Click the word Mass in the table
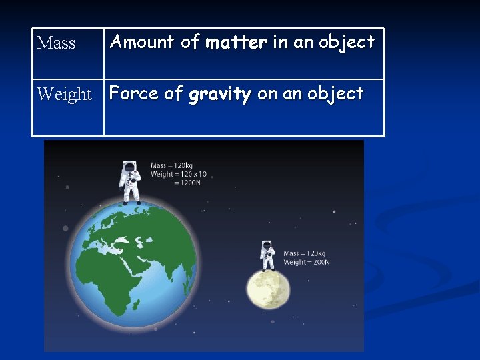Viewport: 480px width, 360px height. tap(56, 43)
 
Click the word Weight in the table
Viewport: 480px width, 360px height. tap(64, 94)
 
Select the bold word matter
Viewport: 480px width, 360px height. tap(236, 43)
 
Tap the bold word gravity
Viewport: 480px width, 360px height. tap(219, 94)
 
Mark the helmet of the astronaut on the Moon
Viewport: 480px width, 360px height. tap(267, 245)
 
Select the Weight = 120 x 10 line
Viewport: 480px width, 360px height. tap(179, 175)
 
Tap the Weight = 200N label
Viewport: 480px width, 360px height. tap(306, 262)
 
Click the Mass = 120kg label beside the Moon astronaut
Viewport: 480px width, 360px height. tap(304, 253)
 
